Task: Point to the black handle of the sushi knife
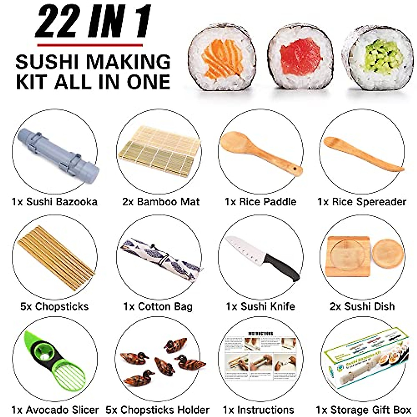coord(283,266)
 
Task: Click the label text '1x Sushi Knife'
coord(260,306)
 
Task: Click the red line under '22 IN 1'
coord(90,45)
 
